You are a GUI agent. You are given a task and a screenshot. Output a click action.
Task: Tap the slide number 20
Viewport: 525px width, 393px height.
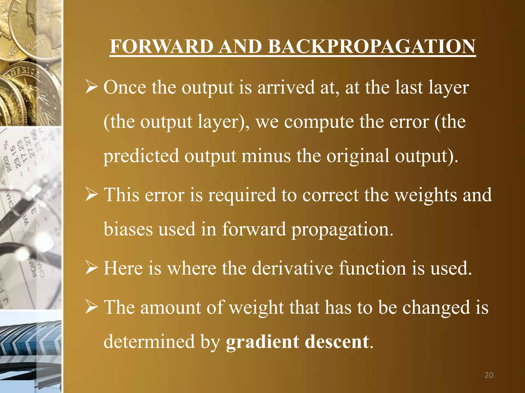coord(489,375)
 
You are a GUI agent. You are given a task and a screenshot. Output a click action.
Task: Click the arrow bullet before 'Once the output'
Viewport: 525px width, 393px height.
coord(92,87)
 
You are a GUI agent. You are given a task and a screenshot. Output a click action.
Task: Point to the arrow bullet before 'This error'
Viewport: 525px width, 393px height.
coord(92,195)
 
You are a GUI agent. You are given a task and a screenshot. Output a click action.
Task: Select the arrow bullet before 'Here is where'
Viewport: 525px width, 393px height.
coord(92,268)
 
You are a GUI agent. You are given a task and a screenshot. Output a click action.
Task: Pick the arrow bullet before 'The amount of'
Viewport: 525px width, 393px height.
coord(92,307)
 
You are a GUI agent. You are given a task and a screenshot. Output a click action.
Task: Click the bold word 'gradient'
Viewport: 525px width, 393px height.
coord(262,342)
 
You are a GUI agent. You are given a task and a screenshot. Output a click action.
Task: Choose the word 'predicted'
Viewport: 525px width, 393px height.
coord(141,156)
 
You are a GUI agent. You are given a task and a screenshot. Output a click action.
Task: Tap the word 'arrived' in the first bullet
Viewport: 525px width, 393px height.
coord(286,87)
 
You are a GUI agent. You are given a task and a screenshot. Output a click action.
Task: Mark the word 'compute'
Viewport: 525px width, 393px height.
coord(319,122)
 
